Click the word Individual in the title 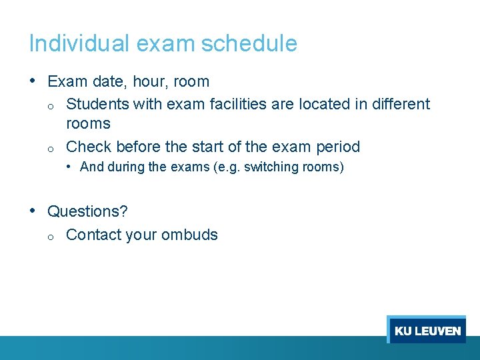click(x=79, y=44)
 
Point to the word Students click(x=98, y=104)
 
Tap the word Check click(x=89, y=147)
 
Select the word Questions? click(x=87, y=212)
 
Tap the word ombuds click(x=189, y=235)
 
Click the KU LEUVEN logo click(x=427, y=331)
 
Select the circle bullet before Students click(x=51, y=105)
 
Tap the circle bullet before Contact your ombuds click(x=51, y=236)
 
